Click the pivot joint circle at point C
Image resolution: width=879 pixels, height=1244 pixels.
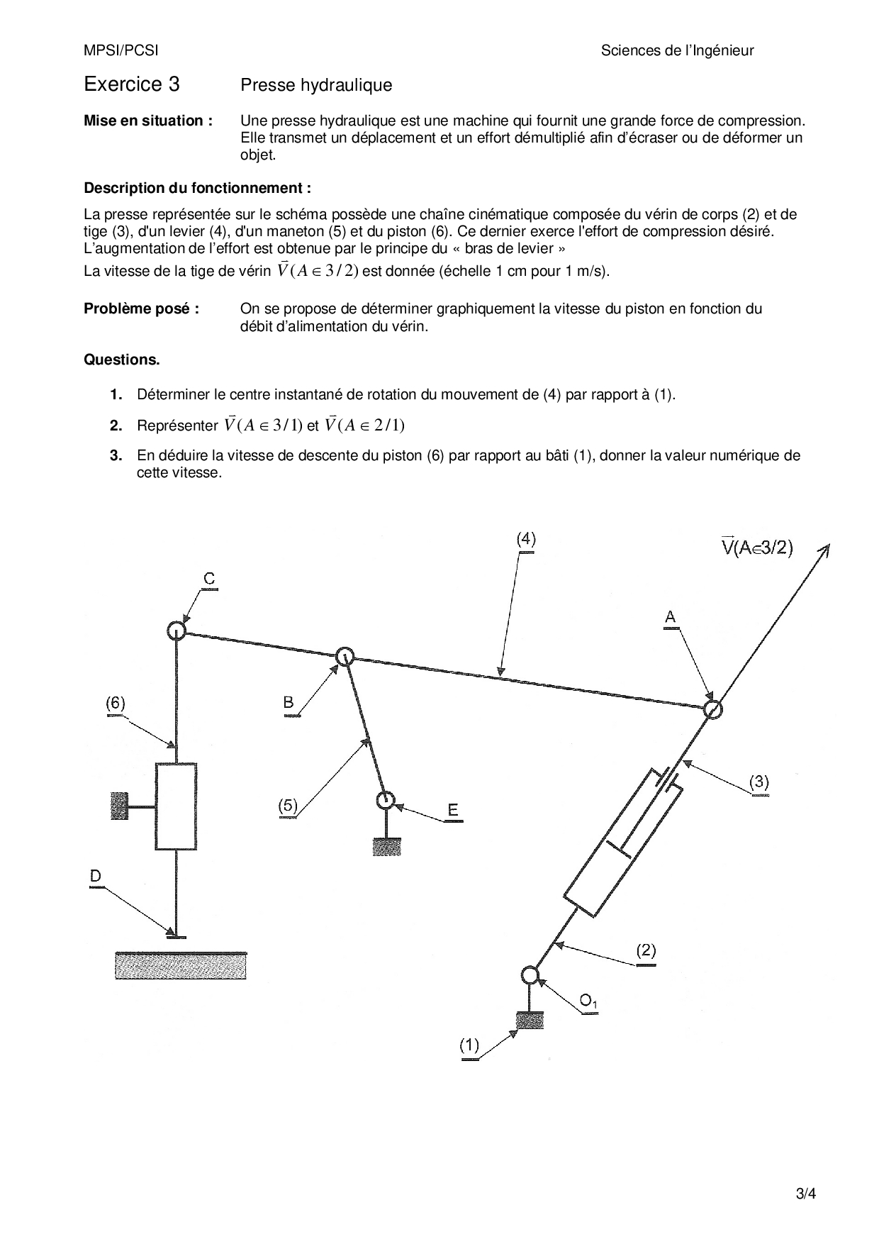[176, 630]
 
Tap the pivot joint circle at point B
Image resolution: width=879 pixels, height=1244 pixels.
[345, 656]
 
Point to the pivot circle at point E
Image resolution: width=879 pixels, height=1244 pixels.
[385, 801]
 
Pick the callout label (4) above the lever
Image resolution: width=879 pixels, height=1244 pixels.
[525, 539]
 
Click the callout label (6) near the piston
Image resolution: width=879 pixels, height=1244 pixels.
[116, 703]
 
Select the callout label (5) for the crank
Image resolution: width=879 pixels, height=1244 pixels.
[288, 806]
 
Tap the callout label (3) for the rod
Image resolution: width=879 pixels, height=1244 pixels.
[758, 782]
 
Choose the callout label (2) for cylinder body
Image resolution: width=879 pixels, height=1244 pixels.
[646, 950]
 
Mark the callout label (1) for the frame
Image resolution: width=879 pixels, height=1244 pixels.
[469, 1045]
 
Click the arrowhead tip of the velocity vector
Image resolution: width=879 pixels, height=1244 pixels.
[829, 545]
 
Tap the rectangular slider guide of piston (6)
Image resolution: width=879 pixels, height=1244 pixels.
[176, 806]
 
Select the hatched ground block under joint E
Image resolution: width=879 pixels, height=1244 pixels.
[387, 847]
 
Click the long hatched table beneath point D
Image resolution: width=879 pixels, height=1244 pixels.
[181, 966]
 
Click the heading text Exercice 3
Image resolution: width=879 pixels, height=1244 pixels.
[132, 84]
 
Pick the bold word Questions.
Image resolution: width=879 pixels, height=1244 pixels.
[122, 360]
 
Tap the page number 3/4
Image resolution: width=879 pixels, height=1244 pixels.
[806, 1193]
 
